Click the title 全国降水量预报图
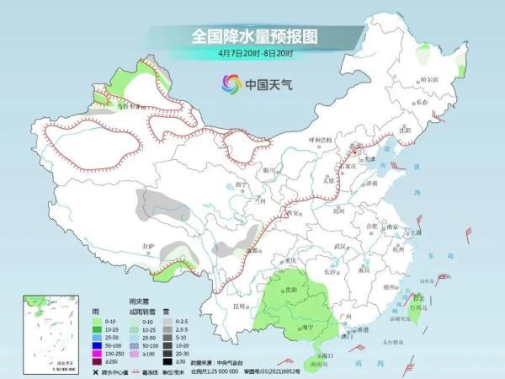click(252, 36)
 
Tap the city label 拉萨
click(149, 245)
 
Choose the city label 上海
click(413, 232)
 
